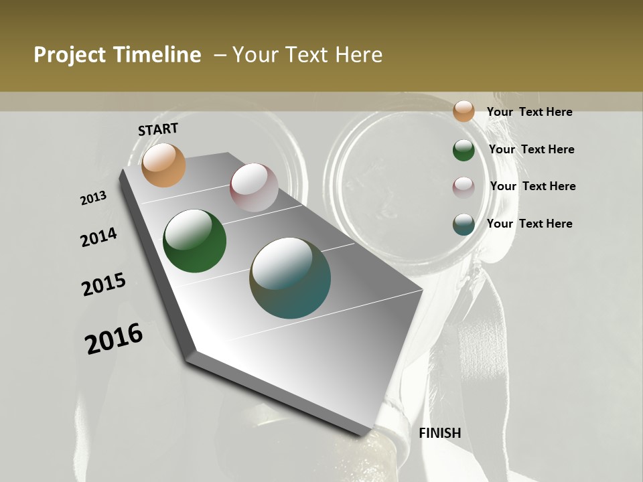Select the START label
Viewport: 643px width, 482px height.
tap(158, 129)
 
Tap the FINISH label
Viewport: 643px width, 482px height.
tap(440, 433)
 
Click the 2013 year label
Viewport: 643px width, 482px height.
tap(94, 198)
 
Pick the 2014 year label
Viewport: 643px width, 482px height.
tap(99, 237)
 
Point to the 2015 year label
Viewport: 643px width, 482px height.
tap(104, 285)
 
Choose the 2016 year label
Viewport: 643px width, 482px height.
tap(114, 338)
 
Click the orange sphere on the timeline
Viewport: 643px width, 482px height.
tap(163, 165)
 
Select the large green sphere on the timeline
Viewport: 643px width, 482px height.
tap(195, 241)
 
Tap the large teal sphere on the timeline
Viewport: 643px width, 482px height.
tap(290, 277)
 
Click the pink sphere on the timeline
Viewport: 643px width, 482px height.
tap(254, 187)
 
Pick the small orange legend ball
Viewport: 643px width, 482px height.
tap(463, 111)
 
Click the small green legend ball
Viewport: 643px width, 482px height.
tap(463, 150)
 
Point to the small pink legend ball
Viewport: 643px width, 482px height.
tap(463, 187)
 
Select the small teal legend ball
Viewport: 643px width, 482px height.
tap(463, 224)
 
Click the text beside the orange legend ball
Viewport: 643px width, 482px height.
tap(529, 112)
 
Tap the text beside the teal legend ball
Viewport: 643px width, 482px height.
tap(529, 224)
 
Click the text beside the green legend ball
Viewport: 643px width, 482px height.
tap(531, 149)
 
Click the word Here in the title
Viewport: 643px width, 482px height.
tap(358, 55)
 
